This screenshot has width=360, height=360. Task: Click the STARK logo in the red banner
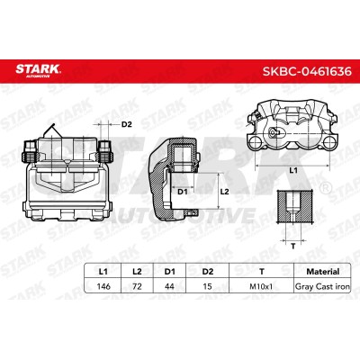(38, 70)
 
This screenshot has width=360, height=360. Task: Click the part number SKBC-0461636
(307, 71)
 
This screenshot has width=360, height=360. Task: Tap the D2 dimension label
(127, 124)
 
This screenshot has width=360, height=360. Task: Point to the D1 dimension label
(183, 192)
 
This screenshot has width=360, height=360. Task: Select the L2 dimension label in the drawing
(225, 192)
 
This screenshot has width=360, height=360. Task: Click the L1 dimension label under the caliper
(293, 170)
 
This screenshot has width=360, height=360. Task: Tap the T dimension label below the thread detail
(293, 247)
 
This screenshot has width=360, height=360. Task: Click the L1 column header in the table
(103, 272)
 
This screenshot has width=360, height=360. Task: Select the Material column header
(322, 272)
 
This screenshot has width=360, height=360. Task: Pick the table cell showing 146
(103, 286)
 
